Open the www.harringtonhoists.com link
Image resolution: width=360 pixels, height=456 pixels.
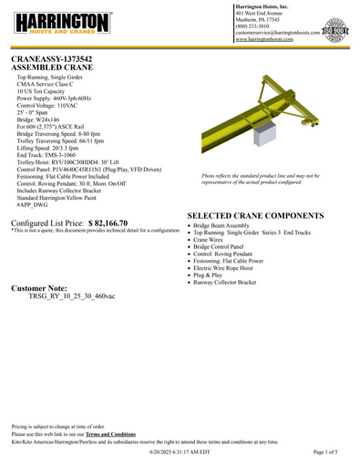(256, 40)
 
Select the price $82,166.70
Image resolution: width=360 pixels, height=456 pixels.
(120, 222)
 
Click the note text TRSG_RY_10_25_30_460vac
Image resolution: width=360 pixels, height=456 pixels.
(72, 296)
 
